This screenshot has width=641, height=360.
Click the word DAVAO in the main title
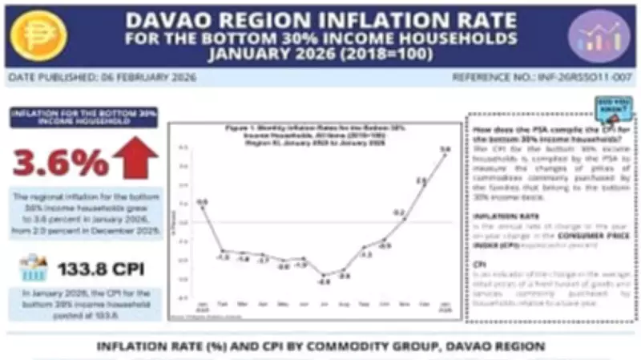(x=172, y=18)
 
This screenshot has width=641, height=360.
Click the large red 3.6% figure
(x=61, y=163)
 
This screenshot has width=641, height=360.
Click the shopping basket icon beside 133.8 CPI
(x=32, y=266)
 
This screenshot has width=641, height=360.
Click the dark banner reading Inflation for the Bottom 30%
(x=83, y=117)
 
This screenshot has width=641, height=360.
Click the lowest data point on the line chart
(x=324, y=275)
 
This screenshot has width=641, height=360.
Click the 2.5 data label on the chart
(x=421, y=182)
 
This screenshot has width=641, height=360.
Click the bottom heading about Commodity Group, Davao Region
(x=320, y=346)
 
